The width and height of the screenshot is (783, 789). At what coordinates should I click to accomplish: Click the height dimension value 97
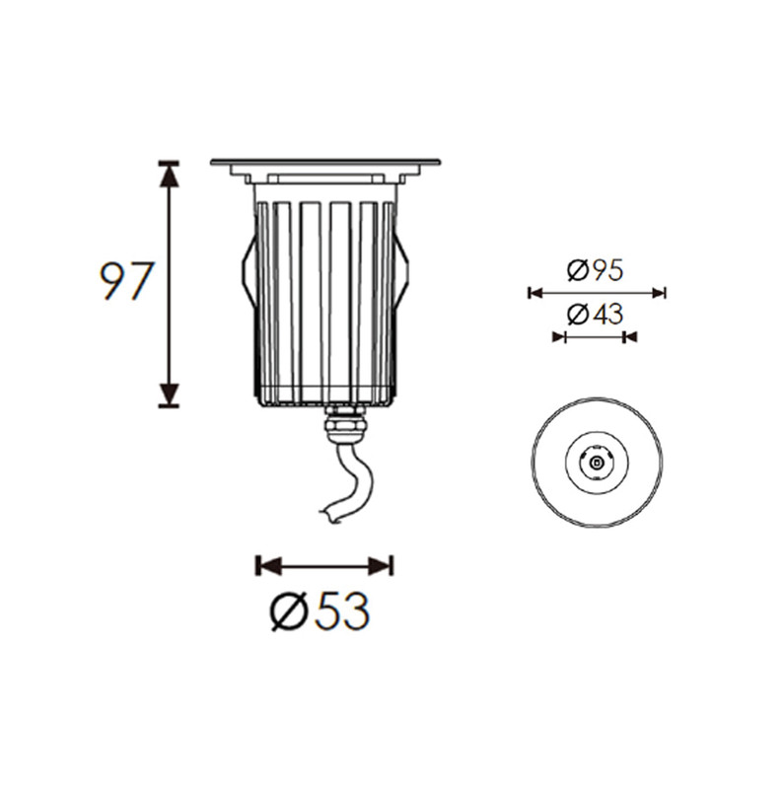pyautogui.click(x=126, y=281)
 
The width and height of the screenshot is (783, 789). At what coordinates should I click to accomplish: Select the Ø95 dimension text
pyautogui.click(x=596, y=270)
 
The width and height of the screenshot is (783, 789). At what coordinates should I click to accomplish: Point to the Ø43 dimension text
pyautogui.click(x=596, y=315)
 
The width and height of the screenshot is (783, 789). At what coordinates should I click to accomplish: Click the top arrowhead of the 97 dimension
pyautogui.click(x=169, y=175)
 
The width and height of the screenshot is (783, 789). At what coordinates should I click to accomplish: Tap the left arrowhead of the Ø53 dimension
pyautogui.click(x=268, y=566)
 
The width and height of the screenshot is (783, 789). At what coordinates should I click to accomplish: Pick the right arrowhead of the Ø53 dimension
pyautogui.click(x=381, y=566)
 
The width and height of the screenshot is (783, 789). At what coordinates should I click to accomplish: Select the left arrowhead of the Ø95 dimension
pyautogui.click(x=535, y=293)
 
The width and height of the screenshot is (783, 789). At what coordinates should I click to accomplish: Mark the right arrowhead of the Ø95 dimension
pyautogui.click(x=659, y=293)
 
